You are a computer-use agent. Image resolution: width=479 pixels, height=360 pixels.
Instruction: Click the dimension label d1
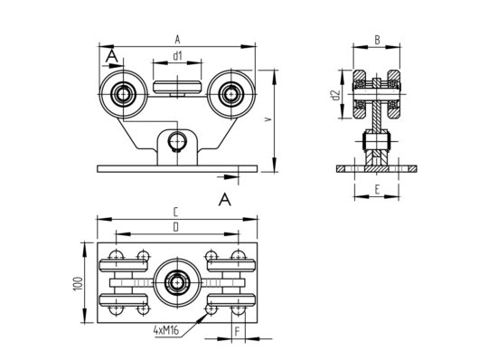pyautogui.click(x=178, y=57)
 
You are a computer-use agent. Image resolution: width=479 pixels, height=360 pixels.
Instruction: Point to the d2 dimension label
pyautogui.click(x=335, y=94)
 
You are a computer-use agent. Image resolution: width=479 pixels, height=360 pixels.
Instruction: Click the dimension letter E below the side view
pyautogui.click(x=375, y=191)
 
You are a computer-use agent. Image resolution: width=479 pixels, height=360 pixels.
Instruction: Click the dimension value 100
pyautogui.click(x=80, y=282)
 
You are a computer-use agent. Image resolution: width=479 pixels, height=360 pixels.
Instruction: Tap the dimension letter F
pyautogui.click(x=237, y=332)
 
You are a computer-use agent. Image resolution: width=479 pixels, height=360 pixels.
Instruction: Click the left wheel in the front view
pyautogui.click(x=121, y=92)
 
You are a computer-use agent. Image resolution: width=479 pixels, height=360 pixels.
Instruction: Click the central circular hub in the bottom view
pyautogui.click(x=176, y=282)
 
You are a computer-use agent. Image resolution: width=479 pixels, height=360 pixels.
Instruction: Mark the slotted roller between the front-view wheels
pyautogui.click(x=177, y=87)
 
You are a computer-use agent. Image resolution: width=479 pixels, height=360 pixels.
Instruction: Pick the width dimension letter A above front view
pyautogui.click(x=177, y=39)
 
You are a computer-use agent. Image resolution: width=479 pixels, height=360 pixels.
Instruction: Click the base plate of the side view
pyautogui.click(x=375, y=168)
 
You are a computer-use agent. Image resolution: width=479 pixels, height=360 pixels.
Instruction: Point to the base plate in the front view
pyautogui.click(x=177, y=167)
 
